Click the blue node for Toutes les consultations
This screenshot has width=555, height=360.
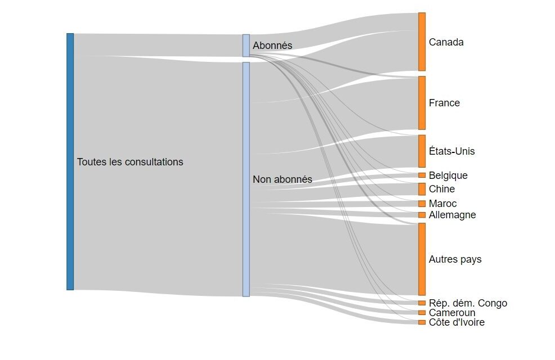70,161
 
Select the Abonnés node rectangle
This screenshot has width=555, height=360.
246,46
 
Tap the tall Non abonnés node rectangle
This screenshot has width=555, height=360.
246,179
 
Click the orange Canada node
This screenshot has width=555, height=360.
422,42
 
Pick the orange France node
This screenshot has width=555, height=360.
422,103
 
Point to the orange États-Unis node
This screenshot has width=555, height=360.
422,151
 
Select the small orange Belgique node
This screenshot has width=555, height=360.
422,175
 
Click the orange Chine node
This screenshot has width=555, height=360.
422,189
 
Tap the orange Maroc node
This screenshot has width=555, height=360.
422,204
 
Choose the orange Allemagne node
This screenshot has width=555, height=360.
422,215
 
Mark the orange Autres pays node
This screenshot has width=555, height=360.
422,259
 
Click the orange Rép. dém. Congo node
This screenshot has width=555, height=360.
422,303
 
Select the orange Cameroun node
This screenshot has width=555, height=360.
422,313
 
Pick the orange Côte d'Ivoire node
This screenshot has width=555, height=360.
422,322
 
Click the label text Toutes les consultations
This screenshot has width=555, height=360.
130,162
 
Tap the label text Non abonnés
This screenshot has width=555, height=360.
282,180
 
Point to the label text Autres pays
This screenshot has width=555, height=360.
455,260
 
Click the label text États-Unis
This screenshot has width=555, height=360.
451,152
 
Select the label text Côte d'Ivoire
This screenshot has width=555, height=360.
456,322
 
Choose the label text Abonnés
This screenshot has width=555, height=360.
272,46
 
